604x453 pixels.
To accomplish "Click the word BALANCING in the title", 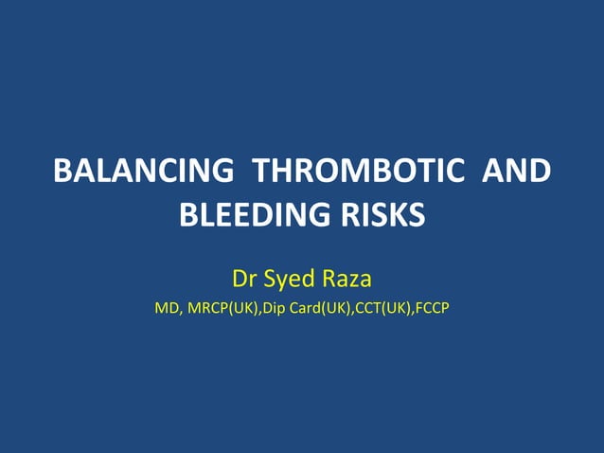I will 143,172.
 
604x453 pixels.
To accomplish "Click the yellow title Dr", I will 244,280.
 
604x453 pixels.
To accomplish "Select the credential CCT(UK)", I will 382,308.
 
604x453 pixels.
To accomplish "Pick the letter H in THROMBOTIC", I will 281,172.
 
